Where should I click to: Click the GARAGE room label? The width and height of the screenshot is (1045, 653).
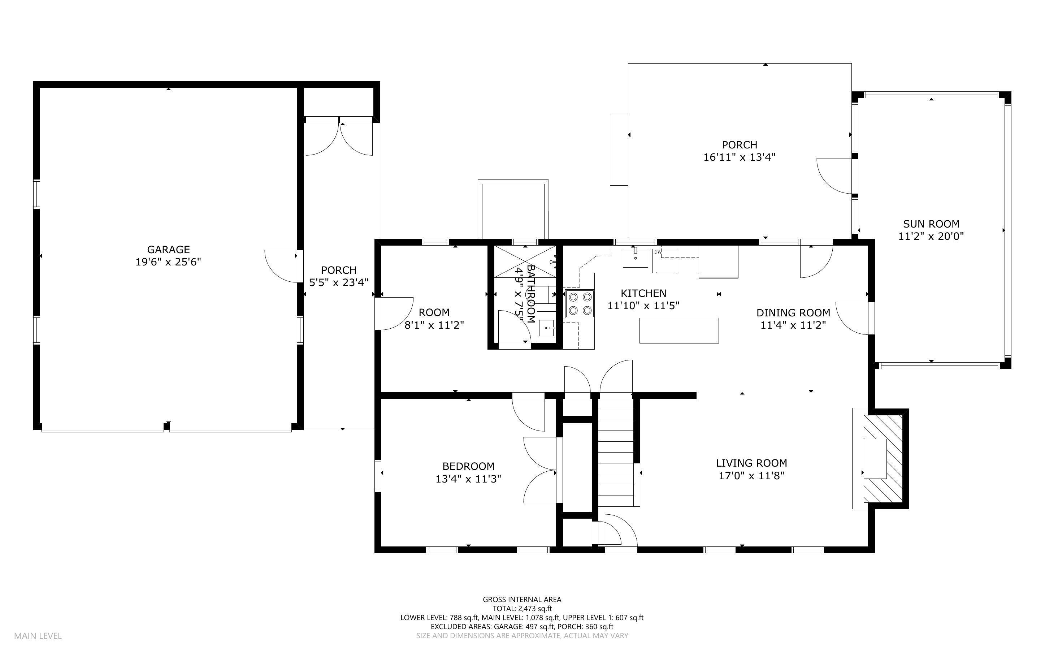tap(168, 249)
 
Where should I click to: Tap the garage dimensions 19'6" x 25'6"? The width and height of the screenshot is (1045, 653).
tap(168, 262)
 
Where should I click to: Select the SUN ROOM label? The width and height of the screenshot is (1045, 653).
tap(931, 224)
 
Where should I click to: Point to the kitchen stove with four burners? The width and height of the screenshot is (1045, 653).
tap(580, 304)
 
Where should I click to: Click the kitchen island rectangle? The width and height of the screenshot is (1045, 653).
tap(678, 330)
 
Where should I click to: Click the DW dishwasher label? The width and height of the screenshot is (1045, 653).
tap(658, 252)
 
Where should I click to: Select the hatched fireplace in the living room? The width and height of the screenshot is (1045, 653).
tap(883, 458)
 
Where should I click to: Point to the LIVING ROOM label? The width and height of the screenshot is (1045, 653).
tap(751, 463)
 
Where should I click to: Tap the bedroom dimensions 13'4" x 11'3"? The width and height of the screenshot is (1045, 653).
tap(468, 479)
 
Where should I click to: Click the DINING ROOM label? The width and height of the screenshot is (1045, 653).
tap(793, 313)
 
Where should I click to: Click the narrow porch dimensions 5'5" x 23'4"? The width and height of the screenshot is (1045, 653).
tap(338, 282)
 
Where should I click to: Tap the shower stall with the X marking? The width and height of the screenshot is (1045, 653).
tap(524, 261)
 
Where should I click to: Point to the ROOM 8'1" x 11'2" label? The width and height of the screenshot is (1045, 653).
tap(434, 318)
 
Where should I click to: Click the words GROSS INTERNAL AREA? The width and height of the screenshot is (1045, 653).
tap(521, 599)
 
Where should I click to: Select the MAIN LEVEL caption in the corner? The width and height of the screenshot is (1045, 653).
tap(38, 636)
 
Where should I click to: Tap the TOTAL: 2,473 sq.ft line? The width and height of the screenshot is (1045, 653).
tap(521, 609)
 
